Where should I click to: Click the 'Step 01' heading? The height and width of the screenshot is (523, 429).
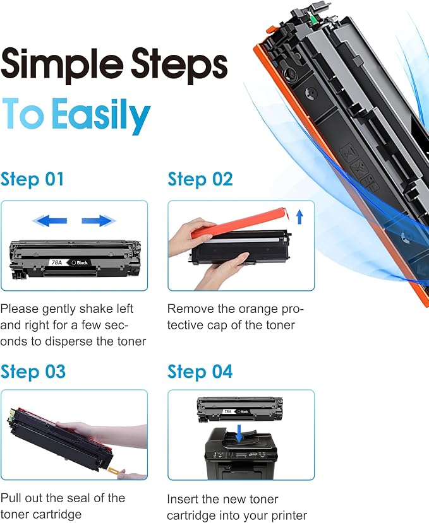click(x=32, y=179)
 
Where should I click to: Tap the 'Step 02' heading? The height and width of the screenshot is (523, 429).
click(x=200, y=179)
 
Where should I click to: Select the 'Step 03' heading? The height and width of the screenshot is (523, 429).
click(x=33, y=372)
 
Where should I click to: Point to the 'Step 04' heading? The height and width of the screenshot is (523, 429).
click(x=200, y=372)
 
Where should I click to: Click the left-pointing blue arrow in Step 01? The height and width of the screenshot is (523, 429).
click(x=50, y=220)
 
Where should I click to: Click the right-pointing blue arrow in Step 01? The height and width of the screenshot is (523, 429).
click(x=99, y=220)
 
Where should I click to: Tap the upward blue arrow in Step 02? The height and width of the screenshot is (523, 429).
click(x=299, y=216)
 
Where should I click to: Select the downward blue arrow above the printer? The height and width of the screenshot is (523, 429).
click(x=239, y=433)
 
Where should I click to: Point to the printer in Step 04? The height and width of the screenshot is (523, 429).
click(x=241, y=454)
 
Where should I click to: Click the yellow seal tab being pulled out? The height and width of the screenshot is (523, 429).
click(x=113, y=471)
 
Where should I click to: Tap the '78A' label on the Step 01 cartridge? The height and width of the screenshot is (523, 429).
click(x=57, y=262)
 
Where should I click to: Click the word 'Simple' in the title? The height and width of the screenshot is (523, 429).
click(x=62, y=64)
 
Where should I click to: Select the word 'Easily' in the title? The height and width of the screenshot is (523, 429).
click(x=101, y=115)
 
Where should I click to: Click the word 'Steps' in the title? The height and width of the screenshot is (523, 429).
click(x=179, y=64)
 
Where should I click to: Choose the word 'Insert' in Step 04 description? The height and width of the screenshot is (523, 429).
click(x=183, y=499)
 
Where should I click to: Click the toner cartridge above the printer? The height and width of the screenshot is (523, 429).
click(x=240, y=409)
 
